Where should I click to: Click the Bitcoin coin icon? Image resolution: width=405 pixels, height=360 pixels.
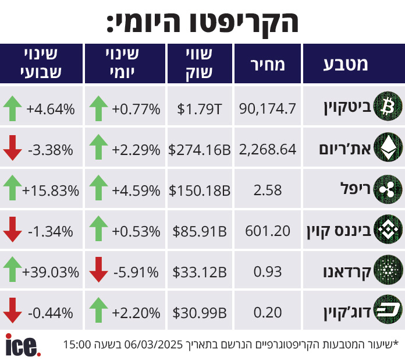[x=386, y=107]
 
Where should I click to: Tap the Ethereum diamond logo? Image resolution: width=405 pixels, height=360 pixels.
[x=386, y=148]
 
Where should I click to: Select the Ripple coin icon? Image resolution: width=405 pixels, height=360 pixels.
[x=386, y=189]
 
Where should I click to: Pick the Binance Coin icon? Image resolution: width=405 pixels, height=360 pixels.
[x=386, y=230]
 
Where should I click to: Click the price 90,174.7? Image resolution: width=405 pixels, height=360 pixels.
[x=268, y=108]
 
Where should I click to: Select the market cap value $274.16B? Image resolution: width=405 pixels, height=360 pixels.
[x=200, y=149]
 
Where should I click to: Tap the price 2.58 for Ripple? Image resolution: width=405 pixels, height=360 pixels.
[x=268, y=190]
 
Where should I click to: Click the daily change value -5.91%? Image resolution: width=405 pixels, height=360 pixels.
[x=136, y=271]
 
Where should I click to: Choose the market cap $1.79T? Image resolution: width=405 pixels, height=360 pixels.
[x=200, y=108]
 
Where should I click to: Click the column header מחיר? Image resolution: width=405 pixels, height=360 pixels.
[x=268, y=65]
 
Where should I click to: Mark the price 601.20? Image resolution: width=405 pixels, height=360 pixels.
[x=268, y=231]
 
